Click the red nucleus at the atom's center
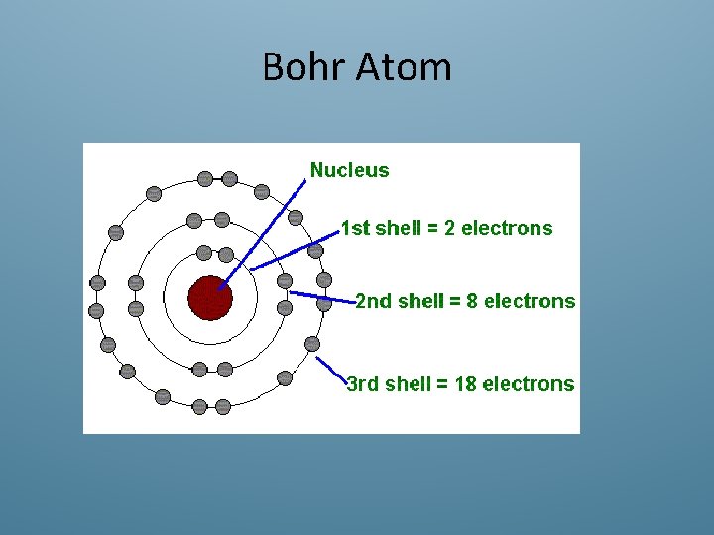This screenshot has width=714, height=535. tap(210, 297)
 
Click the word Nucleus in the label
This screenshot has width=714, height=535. tap(350, 170)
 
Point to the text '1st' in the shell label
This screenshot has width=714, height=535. tap(355, 228)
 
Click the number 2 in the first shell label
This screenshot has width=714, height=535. tap(450, 228)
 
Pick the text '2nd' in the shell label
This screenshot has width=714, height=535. tap(373, 301)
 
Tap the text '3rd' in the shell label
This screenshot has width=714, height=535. tap(363, 384)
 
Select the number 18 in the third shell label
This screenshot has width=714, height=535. tap(465, 384)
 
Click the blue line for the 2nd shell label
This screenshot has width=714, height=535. tap(322, 296)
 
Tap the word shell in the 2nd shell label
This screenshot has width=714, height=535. tap(420, 301)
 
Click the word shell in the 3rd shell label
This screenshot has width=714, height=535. tap(410, 384)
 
